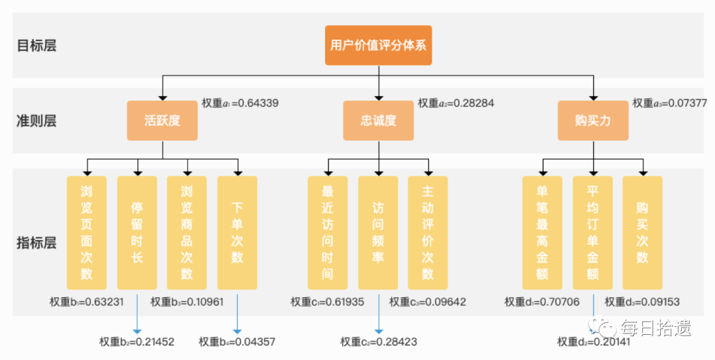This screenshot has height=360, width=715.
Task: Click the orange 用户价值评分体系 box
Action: [378, 46]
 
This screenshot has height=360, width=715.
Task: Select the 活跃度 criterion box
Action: [162, 120]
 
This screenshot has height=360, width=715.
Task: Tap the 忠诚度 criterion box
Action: [378, 120]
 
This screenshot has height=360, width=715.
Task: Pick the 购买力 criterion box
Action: [593, 120]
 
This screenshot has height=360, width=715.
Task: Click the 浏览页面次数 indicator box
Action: [87, 232]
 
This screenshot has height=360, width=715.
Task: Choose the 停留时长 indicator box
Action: [137, 232]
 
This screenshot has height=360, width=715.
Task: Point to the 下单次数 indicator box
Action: [237, 232]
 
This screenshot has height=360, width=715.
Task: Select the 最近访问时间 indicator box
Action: [328, 232]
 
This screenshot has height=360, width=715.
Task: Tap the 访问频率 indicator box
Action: [378, 232]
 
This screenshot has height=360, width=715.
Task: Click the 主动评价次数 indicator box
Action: [428, 232]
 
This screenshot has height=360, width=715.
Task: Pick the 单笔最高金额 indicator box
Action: [542, 232]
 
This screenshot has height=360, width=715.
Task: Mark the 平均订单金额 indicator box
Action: [593, 232]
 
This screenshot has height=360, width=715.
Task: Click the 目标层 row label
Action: [36, 46]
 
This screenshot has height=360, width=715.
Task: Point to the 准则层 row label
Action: [36, 120]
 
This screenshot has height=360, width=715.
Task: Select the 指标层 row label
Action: [36, 243]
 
